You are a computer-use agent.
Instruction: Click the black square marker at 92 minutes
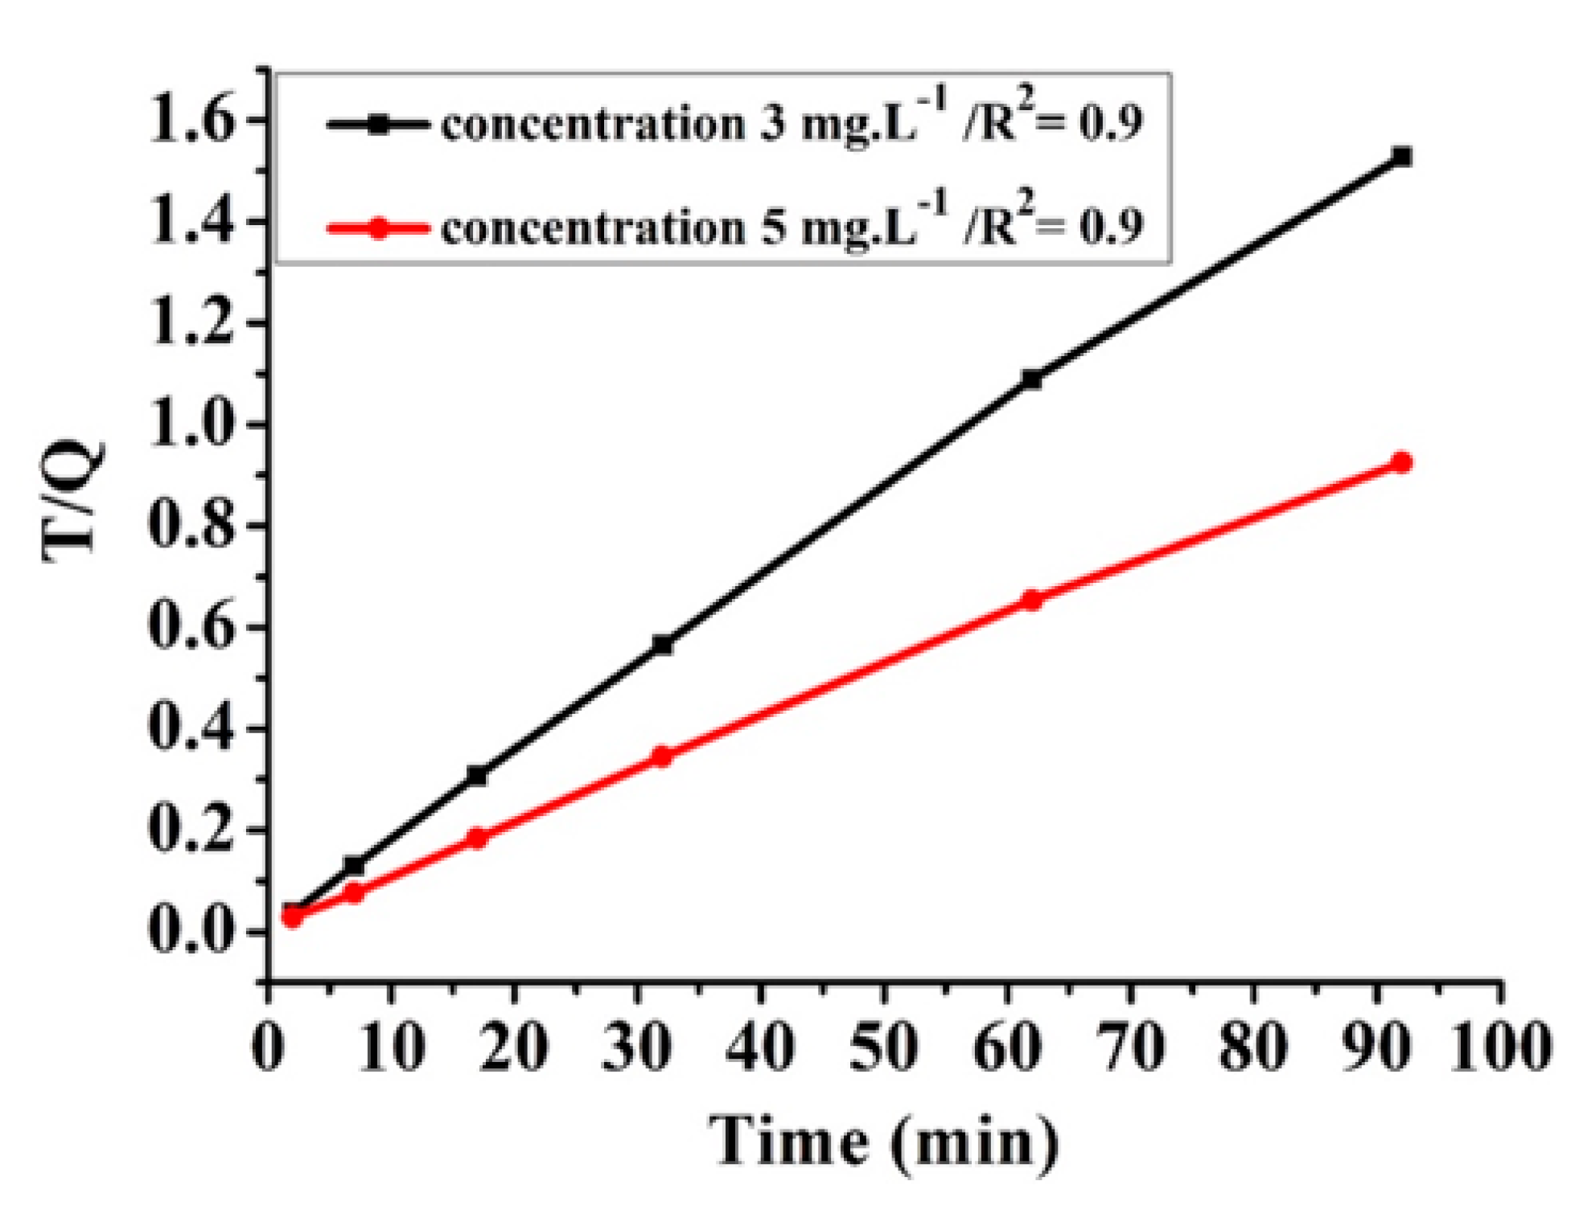tap(1401, 157)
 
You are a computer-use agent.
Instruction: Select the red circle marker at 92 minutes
tap(1401, 462)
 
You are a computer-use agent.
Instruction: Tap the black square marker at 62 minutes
tap(1030, 379)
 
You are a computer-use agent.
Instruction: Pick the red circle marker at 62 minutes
tap(1030, 600)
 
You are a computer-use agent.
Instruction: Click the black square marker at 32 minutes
tap(662, 645)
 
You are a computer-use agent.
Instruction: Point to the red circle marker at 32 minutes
tap(661, 757)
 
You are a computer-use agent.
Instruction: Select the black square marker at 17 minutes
tap(477, 776)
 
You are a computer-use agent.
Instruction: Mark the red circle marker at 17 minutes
tap(477, 839)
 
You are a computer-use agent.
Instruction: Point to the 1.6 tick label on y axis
tap(192, 121)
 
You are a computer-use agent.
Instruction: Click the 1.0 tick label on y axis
tap(192, 424)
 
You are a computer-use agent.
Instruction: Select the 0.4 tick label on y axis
tap(192, 728)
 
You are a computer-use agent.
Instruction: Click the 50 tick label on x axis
tap(883, 1048)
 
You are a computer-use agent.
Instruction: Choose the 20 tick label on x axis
tap(513, 1048)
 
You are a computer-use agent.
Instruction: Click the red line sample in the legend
tap(377, 228)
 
